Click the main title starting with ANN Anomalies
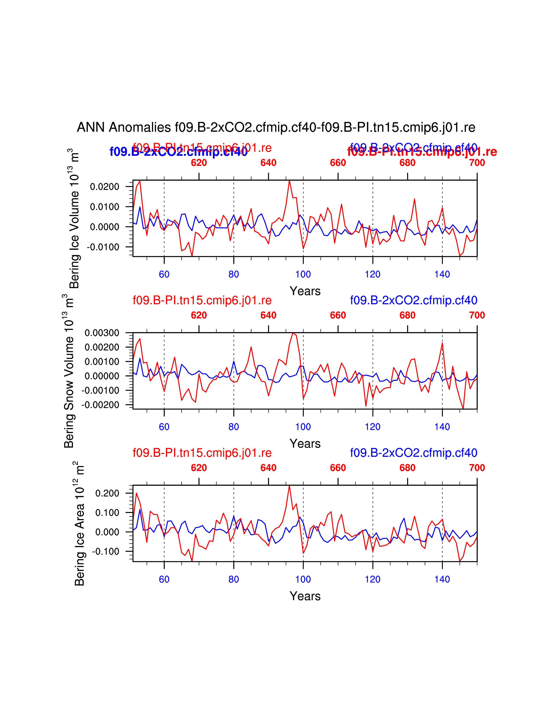coord(276,127)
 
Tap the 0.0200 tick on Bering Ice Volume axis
coord(105,187)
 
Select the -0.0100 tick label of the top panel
coord(103,247)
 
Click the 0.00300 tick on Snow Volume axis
coord(102,333)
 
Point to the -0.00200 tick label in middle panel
coord(101,405)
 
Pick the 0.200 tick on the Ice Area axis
coord(107,493)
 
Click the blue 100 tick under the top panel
coord(303,274)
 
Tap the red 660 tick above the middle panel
coord(338,315)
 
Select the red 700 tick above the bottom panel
coord(477,468)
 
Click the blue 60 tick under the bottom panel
coord(164,579)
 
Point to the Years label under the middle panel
coord(305,444)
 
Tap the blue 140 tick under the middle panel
coord(442,427)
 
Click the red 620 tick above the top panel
coord(199,162)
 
